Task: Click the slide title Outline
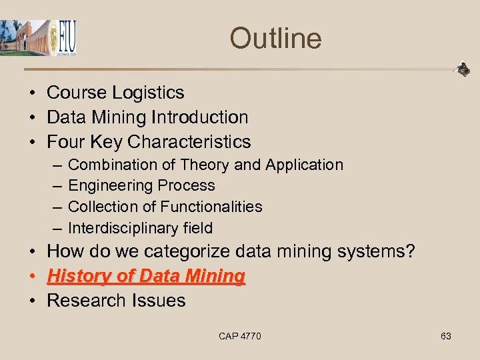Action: [x=275, y=38]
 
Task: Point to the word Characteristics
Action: [x=189, y=142]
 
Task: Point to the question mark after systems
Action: [x=410, y=252]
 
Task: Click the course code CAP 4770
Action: [x=240, y=336]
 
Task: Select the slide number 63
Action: [x=446, y=336]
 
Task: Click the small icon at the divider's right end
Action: [x=462, y=69]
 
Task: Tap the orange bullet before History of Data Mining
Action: [x=33, y=276]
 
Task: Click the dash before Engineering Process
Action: [x=53, y=186]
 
